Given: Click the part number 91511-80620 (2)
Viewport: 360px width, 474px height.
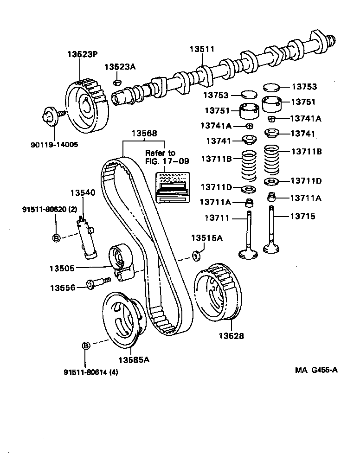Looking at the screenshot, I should (49, 209).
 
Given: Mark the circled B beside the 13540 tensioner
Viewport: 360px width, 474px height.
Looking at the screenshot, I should (56, 238).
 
